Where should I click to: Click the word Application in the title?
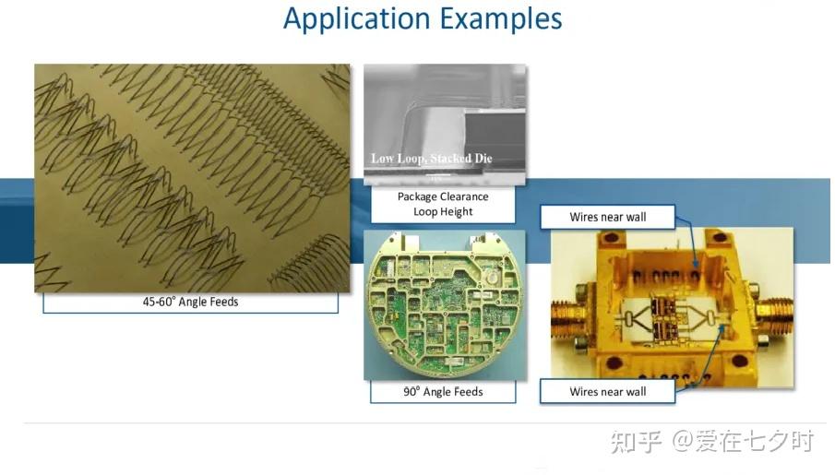[357, 18]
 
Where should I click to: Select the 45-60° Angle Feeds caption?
[190, 302]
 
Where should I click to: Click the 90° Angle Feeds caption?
[443, 392]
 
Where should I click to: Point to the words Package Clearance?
[443, 196]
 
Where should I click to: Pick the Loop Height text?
[443, 212]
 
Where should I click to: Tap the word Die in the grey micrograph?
[483, 158]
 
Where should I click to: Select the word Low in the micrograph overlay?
[382, 158]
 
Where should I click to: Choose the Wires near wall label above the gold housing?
[608, 218]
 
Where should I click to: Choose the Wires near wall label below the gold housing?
[608, 392]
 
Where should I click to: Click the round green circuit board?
[445, 304]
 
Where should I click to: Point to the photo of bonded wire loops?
[192, 178]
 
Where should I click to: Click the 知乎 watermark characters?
[636, 442]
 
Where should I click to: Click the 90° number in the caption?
[412, 392]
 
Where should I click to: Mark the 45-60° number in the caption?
[158, 302]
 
